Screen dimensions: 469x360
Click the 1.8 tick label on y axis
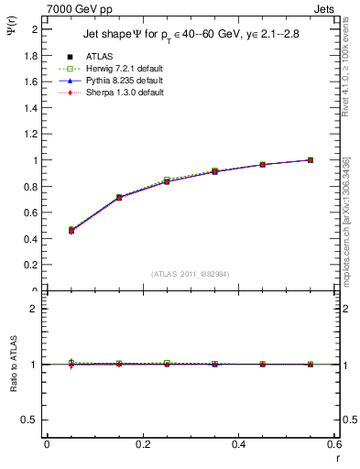[31, 55]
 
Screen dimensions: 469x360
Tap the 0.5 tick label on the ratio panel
[31, 420]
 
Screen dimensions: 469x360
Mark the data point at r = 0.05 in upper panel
[71, 230]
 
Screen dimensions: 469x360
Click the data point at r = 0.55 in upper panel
[311, 160]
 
